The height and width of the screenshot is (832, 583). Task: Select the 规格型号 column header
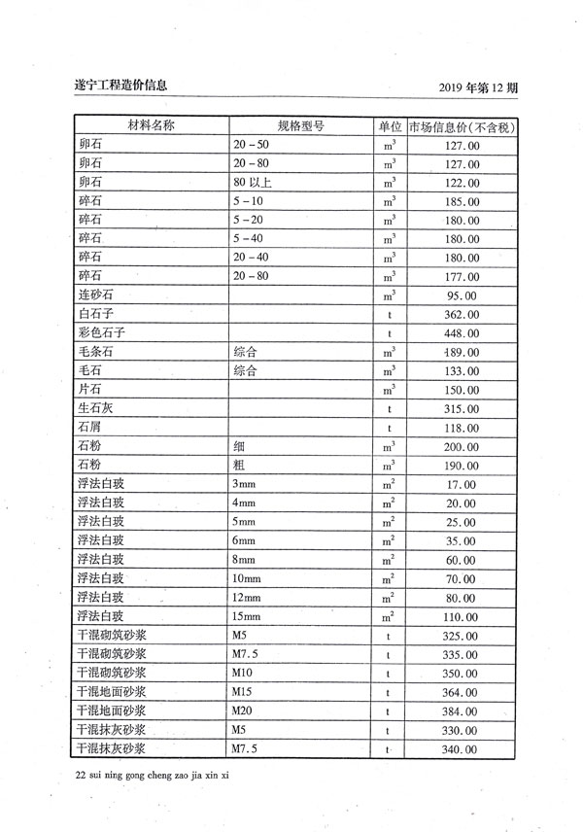coord(300,126)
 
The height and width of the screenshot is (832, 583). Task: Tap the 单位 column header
coord(390,126)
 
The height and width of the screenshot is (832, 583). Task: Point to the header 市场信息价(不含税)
coord(462,126)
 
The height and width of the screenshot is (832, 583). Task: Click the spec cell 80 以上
coord(252,183)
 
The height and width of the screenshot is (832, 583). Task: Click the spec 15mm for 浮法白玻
coord(250,616)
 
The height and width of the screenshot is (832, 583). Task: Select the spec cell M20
coord(242,711)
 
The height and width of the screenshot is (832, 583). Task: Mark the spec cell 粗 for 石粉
coord(239,465)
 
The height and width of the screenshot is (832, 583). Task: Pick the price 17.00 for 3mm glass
coord(461,484)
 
